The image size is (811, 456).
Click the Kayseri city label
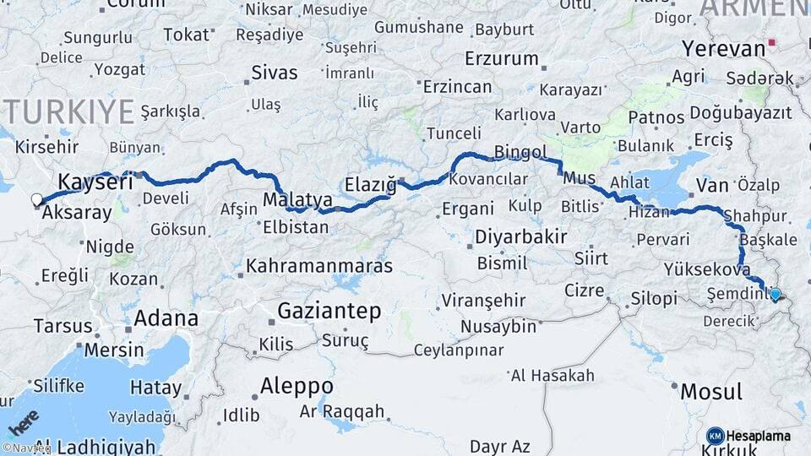(x=95, y=182)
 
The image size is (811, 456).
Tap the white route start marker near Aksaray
(x=36, y=200)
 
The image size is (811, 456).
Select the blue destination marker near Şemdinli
(x=775, y=295)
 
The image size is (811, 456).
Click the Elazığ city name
(x=371, y=183)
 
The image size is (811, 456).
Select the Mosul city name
(x=711, y=392)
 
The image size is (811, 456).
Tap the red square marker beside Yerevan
(x=772, y=41)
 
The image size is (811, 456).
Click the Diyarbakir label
(x=520, y=236)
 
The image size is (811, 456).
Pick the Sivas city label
(x=275, y=73)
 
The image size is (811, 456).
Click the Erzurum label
(x=502, y=59)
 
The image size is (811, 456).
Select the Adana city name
(x=166, y=318)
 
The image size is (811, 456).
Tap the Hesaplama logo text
(x=758, y=436)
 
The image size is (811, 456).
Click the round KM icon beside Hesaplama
(x=715, y=436)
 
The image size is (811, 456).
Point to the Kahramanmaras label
(x=318, y=266)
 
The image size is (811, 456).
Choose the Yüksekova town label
(x=707, y=270)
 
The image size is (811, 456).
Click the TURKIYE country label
(x=68, y=111)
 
